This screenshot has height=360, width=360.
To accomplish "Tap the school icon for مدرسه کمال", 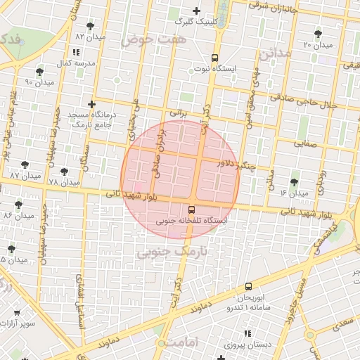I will tap(76, 52).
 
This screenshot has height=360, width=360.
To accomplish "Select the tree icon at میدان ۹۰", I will tap(39, 72).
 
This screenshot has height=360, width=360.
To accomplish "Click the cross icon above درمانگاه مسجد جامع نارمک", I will tap(91, 103).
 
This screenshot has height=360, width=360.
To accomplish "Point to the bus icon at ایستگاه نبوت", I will tap(214, 58).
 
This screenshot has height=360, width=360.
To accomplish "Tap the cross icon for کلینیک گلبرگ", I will tap(196, 11).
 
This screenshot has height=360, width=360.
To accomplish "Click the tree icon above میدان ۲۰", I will tap(319, 33).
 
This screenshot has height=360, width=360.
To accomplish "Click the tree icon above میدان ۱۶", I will tap(294, 182).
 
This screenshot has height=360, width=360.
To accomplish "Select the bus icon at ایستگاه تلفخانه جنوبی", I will tap(192, 210).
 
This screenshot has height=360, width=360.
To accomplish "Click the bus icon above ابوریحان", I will tap(248, 287).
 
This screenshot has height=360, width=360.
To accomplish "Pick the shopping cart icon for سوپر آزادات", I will tap(17, 312).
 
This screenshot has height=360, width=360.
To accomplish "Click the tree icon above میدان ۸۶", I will tap(18, 205).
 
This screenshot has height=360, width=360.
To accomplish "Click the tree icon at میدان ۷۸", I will tap(64, 172).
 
